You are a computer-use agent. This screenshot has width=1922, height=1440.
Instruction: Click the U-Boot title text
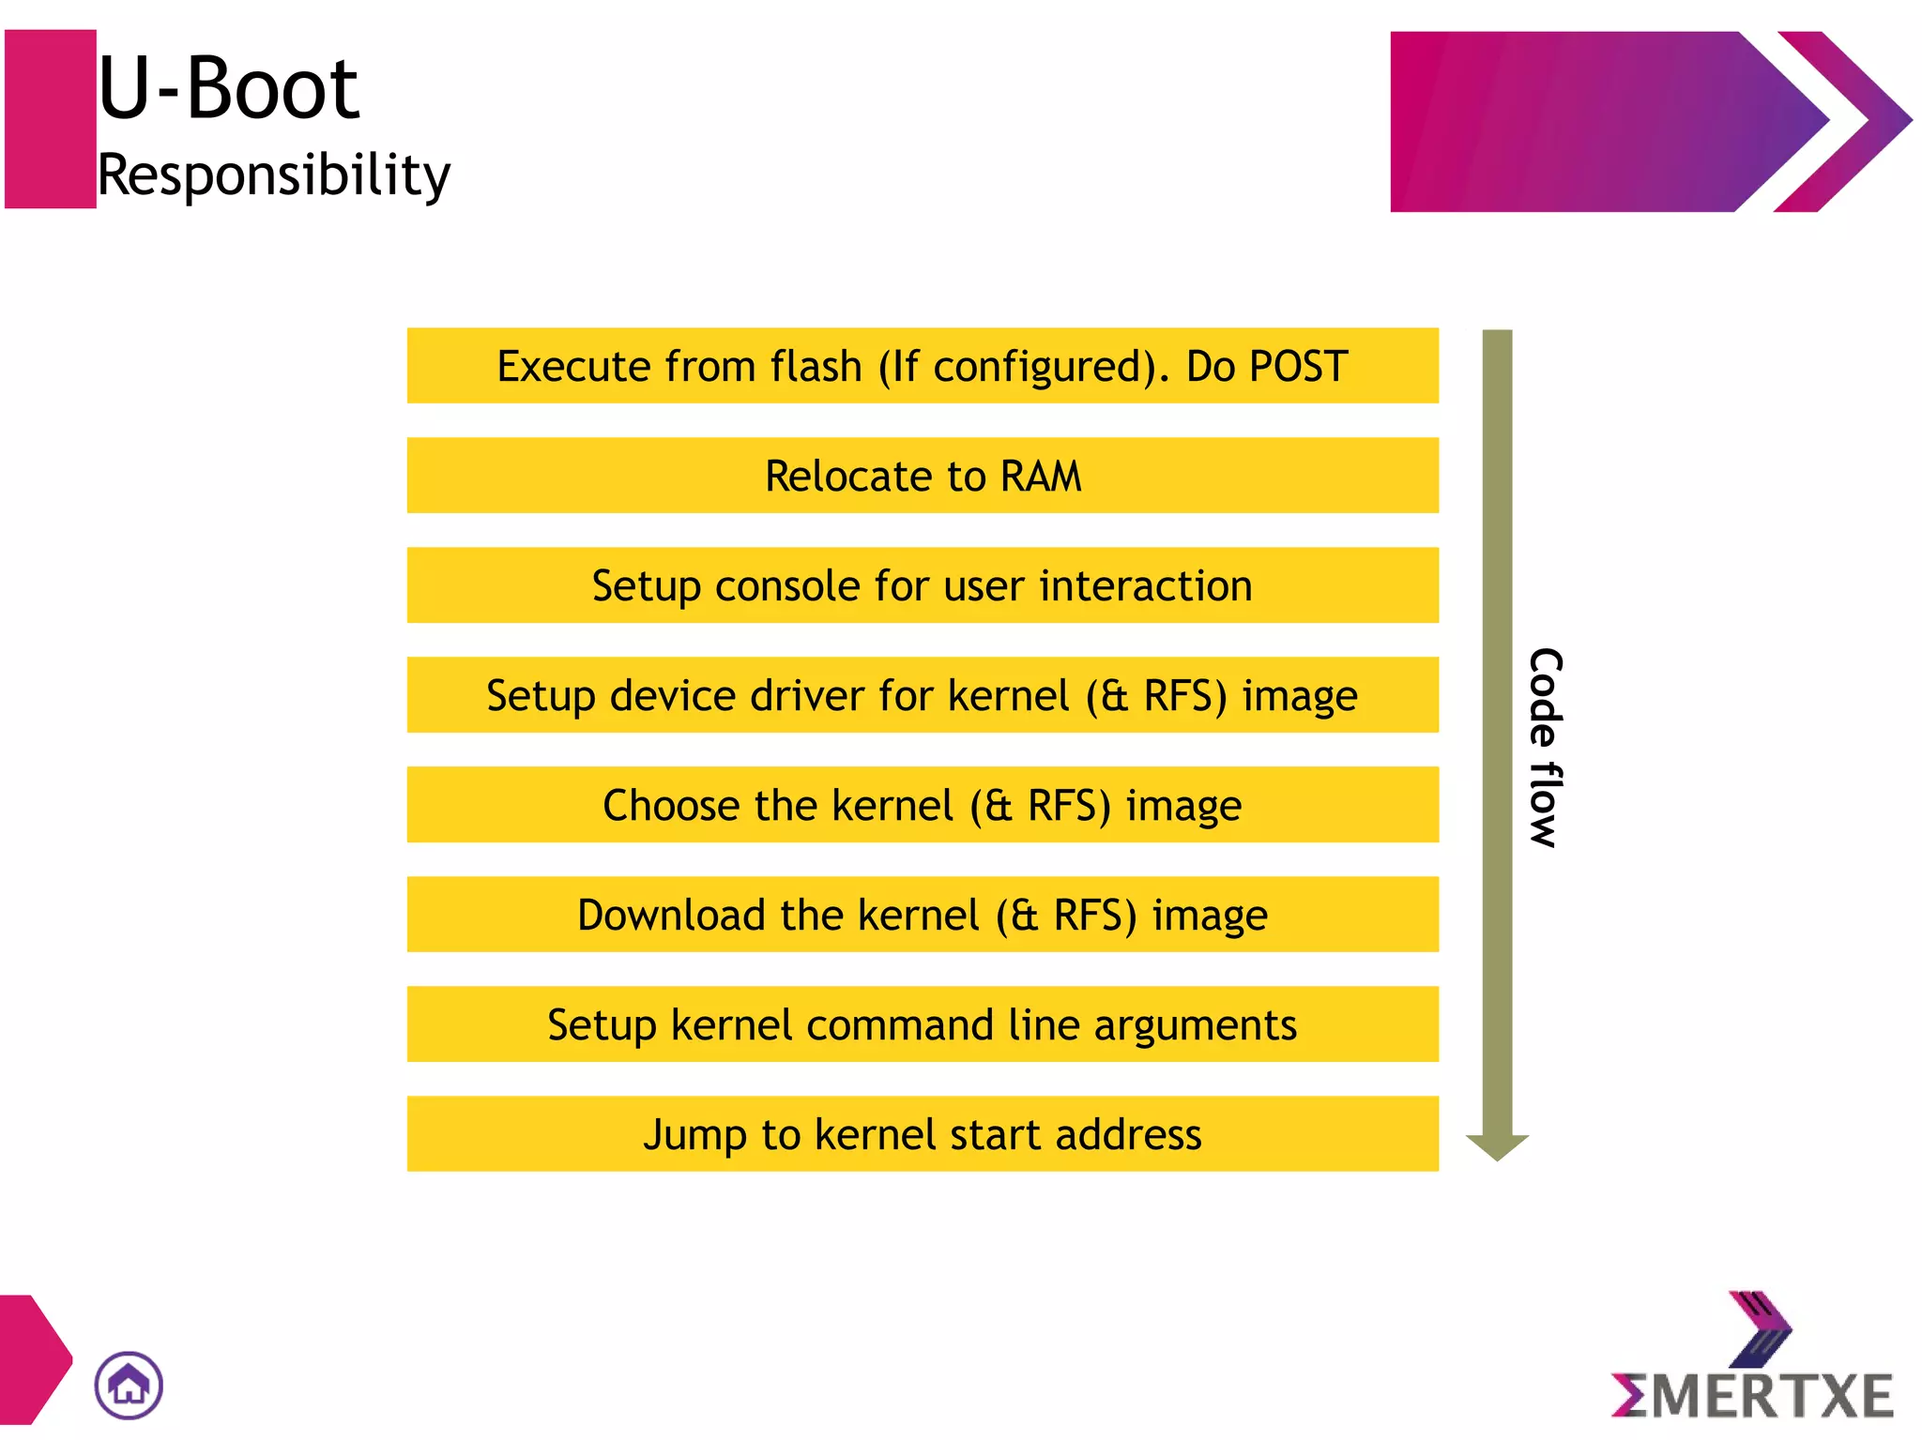(x=228, y=89)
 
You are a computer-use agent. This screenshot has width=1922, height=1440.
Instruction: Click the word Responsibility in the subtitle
(x=274, y=175)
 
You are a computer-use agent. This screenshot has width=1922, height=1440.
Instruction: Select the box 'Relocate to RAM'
(x=922, y=476)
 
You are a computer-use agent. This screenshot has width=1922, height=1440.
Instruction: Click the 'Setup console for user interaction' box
(x=922, y=585)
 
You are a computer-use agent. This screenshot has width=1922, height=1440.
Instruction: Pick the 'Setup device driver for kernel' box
(x=922, y=695)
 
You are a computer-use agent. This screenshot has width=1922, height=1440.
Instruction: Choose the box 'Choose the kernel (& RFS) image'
(x=922, y=805)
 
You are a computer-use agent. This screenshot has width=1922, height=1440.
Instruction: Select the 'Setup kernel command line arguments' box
(x=922, y=1024)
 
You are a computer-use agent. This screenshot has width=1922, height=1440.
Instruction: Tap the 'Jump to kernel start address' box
(x=922, y=1134)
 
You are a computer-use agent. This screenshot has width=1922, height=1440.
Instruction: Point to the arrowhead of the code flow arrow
(x=1497, y=1145)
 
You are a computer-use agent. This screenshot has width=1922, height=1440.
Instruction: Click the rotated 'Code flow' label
(x=1545, y=748)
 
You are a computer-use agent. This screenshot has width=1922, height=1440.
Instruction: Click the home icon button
(x=129, y=1385)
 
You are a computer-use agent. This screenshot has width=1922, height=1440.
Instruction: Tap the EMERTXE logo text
(x=1752, y=1395)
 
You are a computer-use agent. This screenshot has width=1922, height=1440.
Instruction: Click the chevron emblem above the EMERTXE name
(x=1760, y=1328)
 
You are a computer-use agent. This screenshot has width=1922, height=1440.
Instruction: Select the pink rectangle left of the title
(x=50, y=119)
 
